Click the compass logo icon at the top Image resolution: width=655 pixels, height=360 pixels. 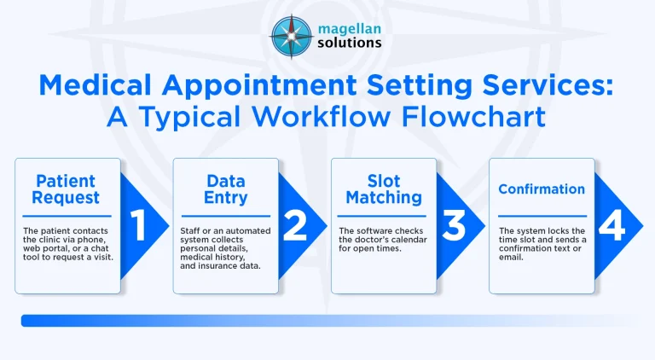tap(292, 37)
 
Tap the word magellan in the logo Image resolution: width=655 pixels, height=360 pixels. tap(349, 29)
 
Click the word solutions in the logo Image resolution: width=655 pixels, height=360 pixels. tap(349, 43)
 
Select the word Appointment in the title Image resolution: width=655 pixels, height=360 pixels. tap(259, 85)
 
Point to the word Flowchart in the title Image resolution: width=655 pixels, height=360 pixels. tap(473, 117)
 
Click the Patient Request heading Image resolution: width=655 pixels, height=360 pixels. tap(66, 189)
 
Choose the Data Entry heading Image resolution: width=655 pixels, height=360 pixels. tap(225, 189)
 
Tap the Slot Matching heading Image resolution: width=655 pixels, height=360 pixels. tap(384, 189)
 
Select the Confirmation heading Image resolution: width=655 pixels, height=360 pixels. tap(542, 189)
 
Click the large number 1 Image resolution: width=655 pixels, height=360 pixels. tap(139, 225)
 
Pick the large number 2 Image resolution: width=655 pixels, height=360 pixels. tap(295, 225)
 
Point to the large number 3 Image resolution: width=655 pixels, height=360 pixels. tap(453, 225)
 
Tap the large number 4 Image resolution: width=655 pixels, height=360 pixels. tap(612, 225)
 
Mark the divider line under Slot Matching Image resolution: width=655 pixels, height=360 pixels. tap(382, 216)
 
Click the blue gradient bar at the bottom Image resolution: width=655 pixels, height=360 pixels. tap(326, 321)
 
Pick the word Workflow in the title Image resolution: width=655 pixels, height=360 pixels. tap(322, 117)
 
